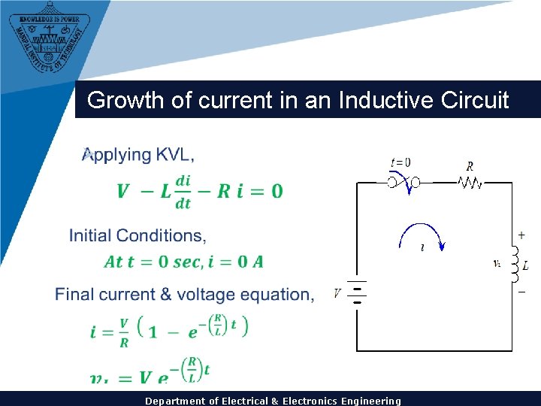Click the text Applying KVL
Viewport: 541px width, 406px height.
point(138,155)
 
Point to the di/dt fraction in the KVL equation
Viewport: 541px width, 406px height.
point(183,191)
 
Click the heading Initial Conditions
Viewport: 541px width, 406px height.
point(138,235)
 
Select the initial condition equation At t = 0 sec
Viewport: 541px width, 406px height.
point(183,262)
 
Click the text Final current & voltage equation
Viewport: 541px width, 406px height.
point(185,294)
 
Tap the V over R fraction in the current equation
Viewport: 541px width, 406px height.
point(123,331)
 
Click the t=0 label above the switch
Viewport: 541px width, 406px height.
point(400,162)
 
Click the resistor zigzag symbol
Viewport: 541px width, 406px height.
point(470,182)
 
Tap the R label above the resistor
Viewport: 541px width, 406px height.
point(470,165)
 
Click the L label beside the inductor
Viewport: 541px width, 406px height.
point(525,265)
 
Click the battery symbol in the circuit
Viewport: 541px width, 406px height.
point(358,294)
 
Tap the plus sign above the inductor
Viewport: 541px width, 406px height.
point(521,235)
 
